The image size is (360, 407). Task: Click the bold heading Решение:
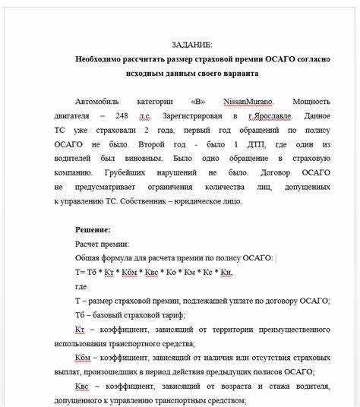pos(93,229)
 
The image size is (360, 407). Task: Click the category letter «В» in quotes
pos(197,101)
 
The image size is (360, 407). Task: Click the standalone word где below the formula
pos(81,286)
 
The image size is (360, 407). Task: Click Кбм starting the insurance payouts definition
pos(84,358)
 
